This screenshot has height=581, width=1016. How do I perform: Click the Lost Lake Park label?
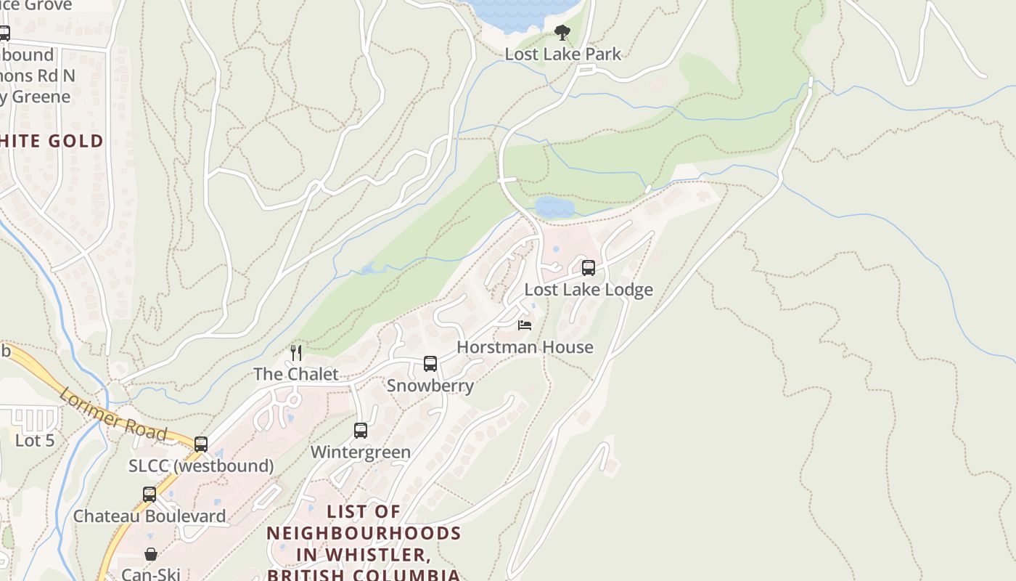[x=563, y=54]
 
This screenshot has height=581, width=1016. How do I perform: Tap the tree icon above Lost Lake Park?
[x=562, y=33]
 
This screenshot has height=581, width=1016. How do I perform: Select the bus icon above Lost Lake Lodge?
[x=589, y=268]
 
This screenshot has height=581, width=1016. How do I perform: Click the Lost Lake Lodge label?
[x=589, y=290]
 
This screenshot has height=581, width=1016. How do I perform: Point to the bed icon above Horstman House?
[x=525, y=325]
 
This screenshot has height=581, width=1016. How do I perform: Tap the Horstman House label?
[x=525, y=347]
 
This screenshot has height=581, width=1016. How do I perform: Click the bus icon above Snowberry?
[x=430, y=364]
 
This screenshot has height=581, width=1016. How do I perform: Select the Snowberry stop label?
[x=430, y=386]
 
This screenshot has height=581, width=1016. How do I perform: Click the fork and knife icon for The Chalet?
[x=296, y=353]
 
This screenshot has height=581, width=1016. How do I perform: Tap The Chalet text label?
[x=296, y=374]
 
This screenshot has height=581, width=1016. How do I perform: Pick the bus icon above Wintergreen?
[x=361, y=431]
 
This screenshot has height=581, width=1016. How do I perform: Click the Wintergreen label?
[x=361, y=452]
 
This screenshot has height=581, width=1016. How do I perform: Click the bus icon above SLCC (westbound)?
[x=201, y=444]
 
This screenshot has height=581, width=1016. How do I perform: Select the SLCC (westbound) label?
[x=201, y=466]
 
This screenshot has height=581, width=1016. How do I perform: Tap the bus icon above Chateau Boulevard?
[x=149, y=495]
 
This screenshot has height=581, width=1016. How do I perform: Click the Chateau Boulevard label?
[x=149, y=516]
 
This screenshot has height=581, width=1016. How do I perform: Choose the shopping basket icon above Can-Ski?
[x=151, y=555]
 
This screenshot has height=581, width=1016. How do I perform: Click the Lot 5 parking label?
[x=35, y=440]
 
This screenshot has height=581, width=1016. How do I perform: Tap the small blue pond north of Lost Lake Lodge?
[x=555, y=207]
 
